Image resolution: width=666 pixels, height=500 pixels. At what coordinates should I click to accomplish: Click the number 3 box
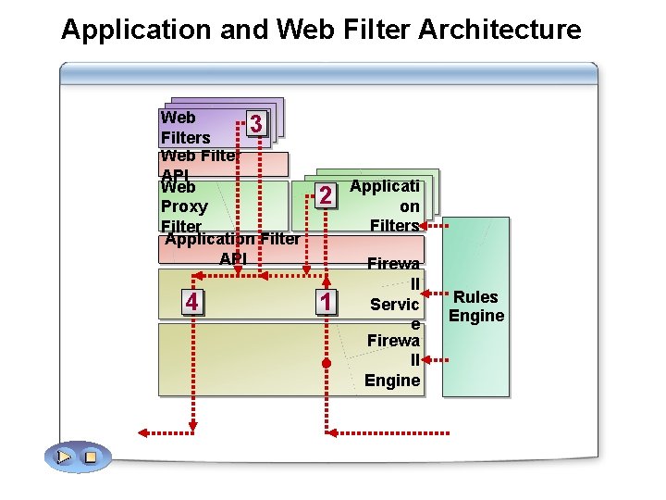259,124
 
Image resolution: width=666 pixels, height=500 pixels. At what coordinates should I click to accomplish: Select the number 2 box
325,195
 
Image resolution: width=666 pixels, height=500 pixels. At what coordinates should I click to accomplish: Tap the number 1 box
325,302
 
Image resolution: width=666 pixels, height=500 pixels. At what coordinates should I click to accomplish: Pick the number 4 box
191,302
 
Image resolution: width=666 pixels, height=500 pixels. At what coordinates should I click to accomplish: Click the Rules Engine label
475,306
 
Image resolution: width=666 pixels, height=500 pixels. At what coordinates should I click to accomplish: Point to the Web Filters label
185,128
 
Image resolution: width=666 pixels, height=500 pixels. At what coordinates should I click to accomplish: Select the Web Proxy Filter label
183,206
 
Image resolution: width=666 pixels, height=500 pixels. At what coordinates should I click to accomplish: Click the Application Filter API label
232,248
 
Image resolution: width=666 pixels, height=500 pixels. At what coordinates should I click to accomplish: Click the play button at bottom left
64,456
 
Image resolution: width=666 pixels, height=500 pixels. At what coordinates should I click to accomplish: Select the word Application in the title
136,30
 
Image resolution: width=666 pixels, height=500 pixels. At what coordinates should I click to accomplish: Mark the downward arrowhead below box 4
193,427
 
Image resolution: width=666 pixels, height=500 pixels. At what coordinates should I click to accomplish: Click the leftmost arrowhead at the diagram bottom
143,431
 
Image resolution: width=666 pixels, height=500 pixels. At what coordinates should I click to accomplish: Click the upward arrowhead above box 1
327,274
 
